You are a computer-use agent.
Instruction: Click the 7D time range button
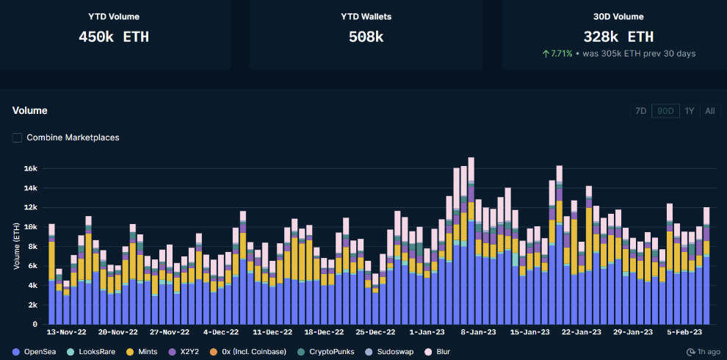point(640,111)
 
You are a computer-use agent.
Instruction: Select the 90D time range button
point(665,111)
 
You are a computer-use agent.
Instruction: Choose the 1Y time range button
point(689,111)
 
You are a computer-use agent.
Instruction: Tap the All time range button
point(709,111)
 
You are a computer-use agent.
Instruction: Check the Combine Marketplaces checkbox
point(17,137)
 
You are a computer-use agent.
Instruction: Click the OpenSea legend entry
point(35,352)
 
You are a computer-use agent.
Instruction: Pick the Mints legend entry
point(143,352)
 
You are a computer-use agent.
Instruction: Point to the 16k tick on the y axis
point(29,168)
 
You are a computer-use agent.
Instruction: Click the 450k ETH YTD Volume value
point(114,36)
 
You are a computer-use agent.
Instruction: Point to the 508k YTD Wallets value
point(366,36)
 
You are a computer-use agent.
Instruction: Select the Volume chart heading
point(29,110)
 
